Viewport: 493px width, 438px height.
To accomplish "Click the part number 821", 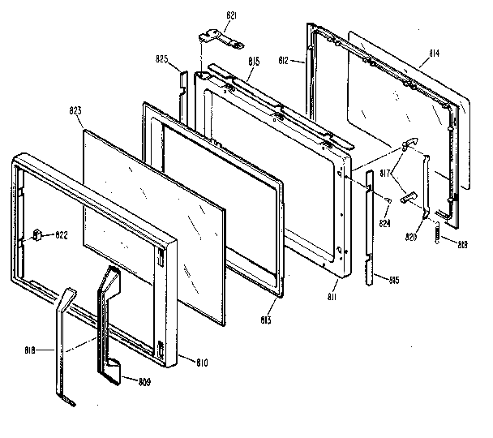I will (231, 15).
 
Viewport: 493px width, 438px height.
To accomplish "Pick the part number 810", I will (199, 361).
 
